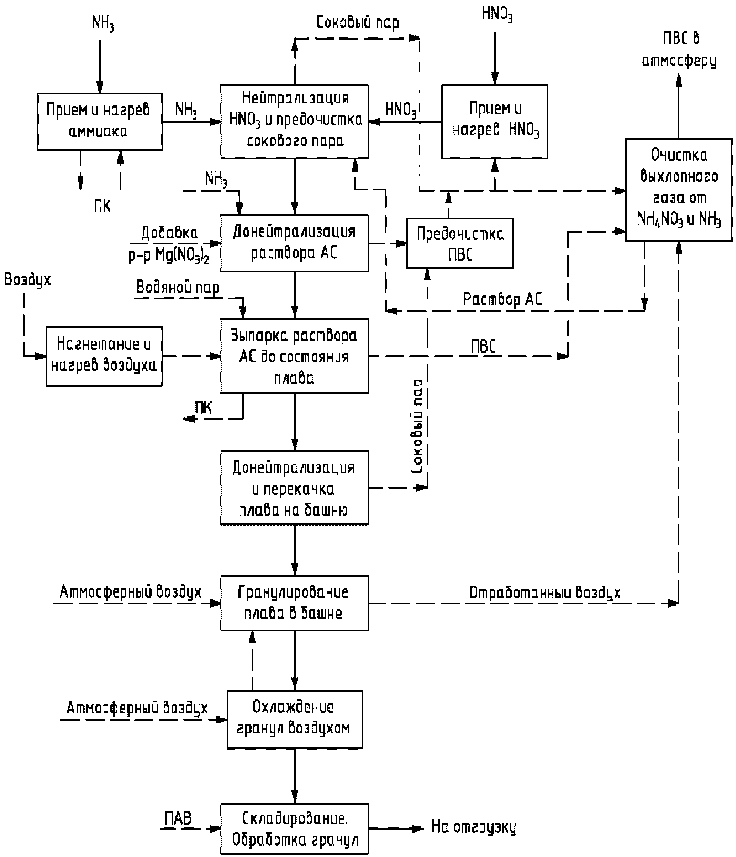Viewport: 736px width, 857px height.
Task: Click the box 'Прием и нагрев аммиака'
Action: pos(100,122)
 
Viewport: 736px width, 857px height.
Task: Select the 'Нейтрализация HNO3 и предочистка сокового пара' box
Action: pos(295,122)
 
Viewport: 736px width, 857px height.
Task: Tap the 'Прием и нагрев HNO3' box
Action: pos(495,122)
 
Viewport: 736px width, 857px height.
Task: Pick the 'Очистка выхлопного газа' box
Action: pos(679,189)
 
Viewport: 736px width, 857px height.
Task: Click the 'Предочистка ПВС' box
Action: pos(460,243)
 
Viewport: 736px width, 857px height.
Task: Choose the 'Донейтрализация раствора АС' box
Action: pos(295,243)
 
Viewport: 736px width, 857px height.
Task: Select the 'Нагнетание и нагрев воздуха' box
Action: pos(104,356)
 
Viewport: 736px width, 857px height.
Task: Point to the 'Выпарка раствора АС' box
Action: pos(295,356)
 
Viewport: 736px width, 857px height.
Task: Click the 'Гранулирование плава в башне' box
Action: pos(295,603)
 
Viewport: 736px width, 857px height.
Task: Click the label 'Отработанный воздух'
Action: pos(545,592)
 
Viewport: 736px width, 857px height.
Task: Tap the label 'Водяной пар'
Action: pos(178,288)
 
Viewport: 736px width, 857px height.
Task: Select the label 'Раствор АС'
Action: pos(502,299)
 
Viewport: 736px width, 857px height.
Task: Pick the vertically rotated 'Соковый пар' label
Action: pos(418,426)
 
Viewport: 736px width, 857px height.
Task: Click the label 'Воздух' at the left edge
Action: pos(27,280)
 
